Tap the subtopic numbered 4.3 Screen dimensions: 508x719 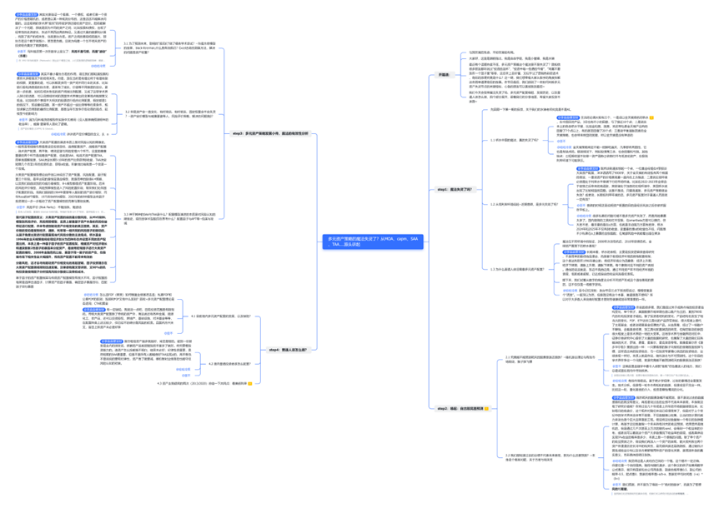pos(200,383)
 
